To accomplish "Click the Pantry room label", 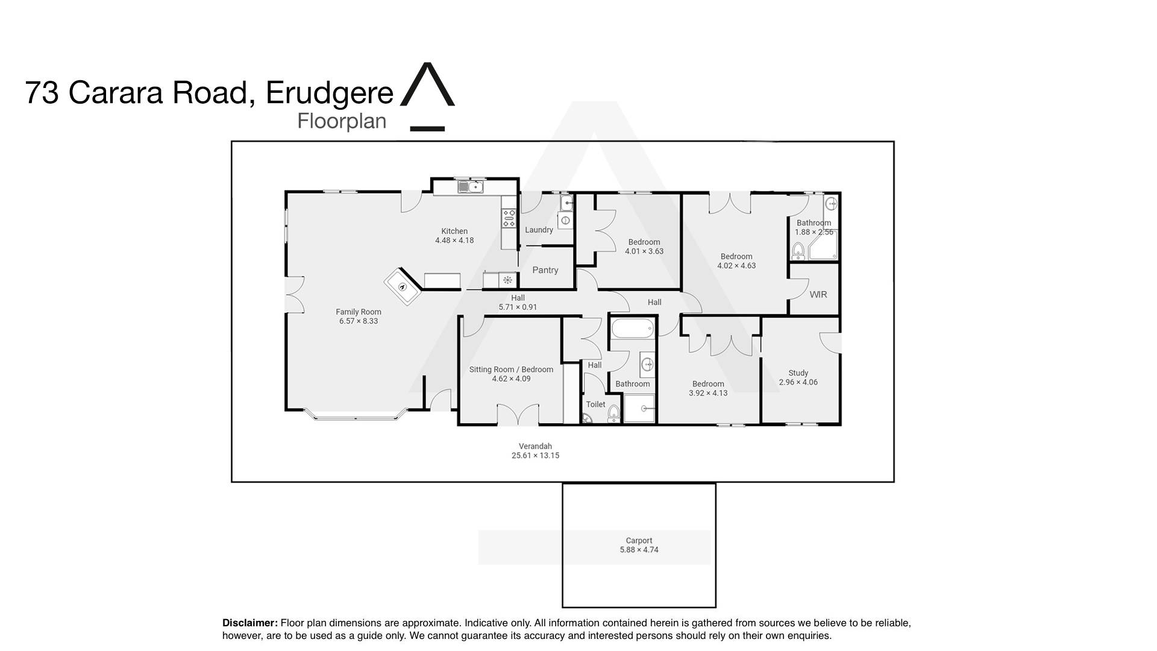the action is [545, 270].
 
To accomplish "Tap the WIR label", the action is [818, 295].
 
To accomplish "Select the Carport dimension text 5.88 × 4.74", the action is [639, 550].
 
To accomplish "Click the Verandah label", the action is [535, 447].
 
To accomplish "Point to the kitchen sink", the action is [470, 187].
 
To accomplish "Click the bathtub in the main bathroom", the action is [633, 329].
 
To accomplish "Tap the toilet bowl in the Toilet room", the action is [613, 413].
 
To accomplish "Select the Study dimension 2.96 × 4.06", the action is [798, 382].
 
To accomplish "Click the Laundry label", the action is [539, 230].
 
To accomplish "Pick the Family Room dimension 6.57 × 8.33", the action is [359, 321].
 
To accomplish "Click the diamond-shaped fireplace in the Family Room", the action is [403, 287].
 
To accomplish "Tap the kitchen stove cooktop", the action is [509, 218].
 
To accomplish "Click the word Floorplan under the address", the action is [342, 121].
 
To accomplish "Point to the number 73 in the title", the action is [42, 93].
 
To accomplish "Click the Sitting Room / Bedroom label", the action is [511, 370].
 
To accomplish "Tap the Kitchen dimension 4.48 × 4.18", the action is [454, 241].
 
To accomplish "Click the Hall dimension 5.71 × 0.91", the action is [518, 307].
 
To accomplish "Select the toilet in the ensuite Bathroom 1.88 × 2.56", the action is [798, 250].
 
